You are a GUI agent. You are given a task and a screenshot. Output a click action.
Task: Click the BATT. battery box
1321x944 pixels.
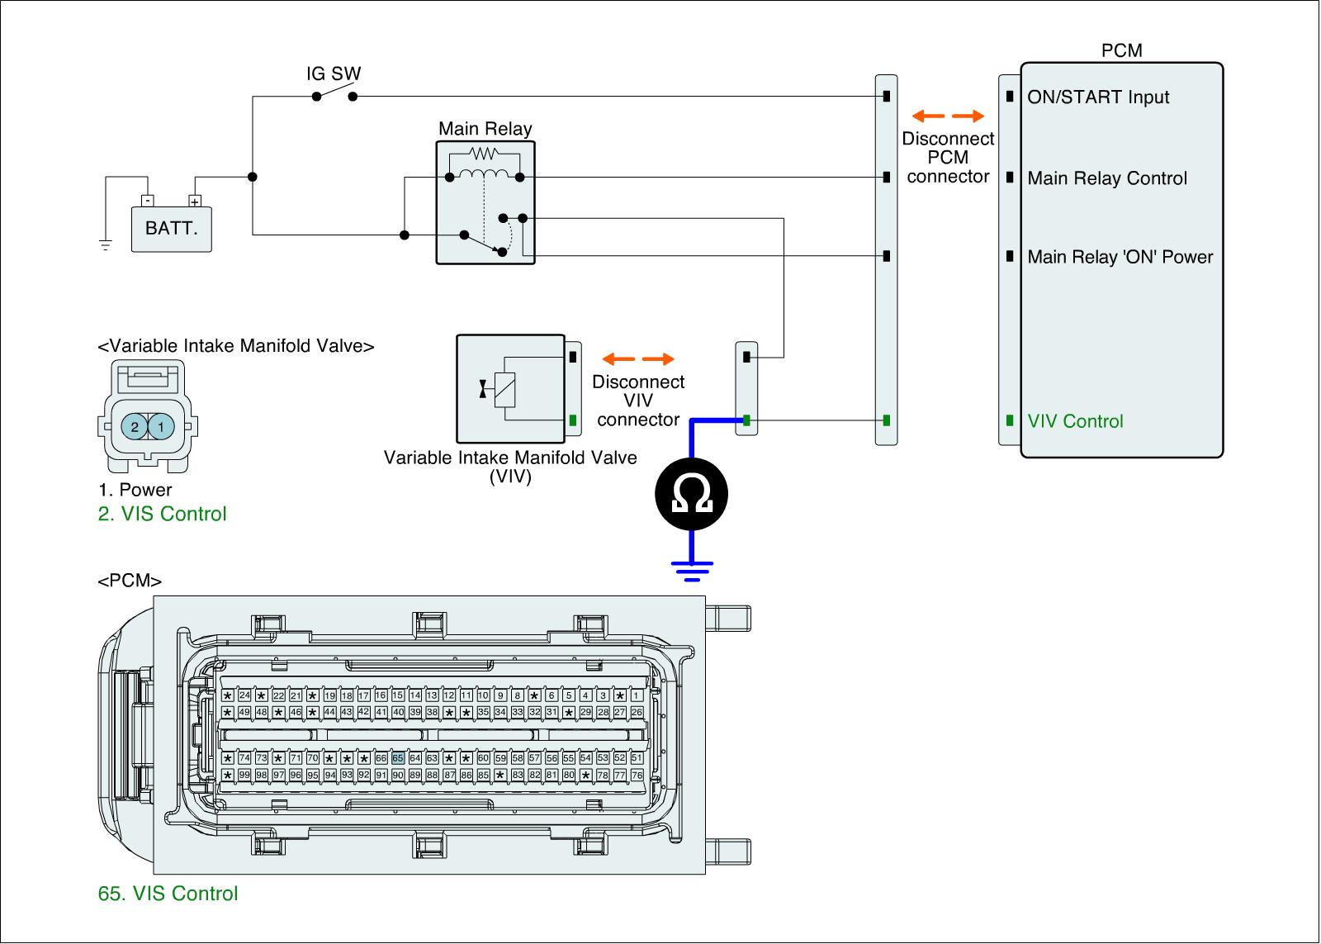coord(172,229)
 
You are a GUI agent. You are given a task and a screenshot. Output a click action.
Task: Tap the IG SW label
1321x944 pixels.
coord(334,74)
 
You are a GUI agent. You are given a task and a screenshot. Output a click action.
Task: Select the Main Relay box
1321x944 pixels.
coord(485,202)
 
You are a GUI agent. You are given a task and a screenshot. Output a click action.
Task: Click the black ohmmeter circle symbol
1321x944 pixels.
coord(692,494)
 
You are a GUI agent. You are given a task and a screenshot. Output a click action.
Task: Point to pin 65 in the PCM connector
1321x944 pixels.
coord(398,758)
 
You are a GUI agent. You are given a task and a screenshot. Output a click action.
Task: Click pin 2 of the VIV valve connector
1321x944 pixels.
coord(134,427)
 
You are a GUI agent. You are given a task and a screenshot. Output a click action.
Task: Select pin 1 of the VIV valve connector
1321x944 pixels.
coord(161,427)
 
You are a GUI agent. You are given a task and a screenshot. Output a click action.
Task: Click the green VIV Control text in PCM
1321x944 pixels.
coord(1075,421)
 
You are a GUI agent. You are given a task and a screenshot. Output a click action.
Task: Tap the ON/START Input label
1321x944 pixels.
coord(1098,97)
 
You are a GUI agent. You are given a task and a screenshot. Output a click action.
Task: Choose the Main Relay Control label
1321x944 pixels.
coord(1107,178)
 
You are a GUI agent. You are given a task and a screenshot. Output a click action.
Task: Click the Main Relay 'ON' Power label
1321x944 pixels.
coord(1120,257)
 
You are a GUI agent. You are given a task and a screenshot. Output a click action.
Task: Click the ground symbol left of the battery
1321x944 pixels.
coord(106,244)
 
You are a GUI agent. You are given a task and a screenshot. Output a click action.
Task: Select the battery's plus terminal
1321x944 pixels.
coord(195,201)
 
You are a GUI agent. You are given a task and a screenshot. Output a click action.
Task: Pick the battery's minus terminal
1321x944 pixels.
coord(147,201)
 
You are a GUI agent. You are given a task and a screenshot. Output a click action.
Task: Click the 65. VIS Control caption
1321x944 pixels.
coord(168,894)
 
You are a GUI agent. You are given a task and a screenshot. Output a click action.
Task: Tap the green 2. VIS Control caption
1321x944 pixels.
coord(163,514)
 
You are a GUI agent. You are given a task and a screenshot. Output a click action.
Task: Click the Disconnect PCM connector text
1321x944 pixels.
coord(948,158)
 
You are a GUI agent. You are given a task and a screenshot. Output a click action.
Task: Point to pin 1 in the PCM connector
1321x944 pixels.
coord(637,695)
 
